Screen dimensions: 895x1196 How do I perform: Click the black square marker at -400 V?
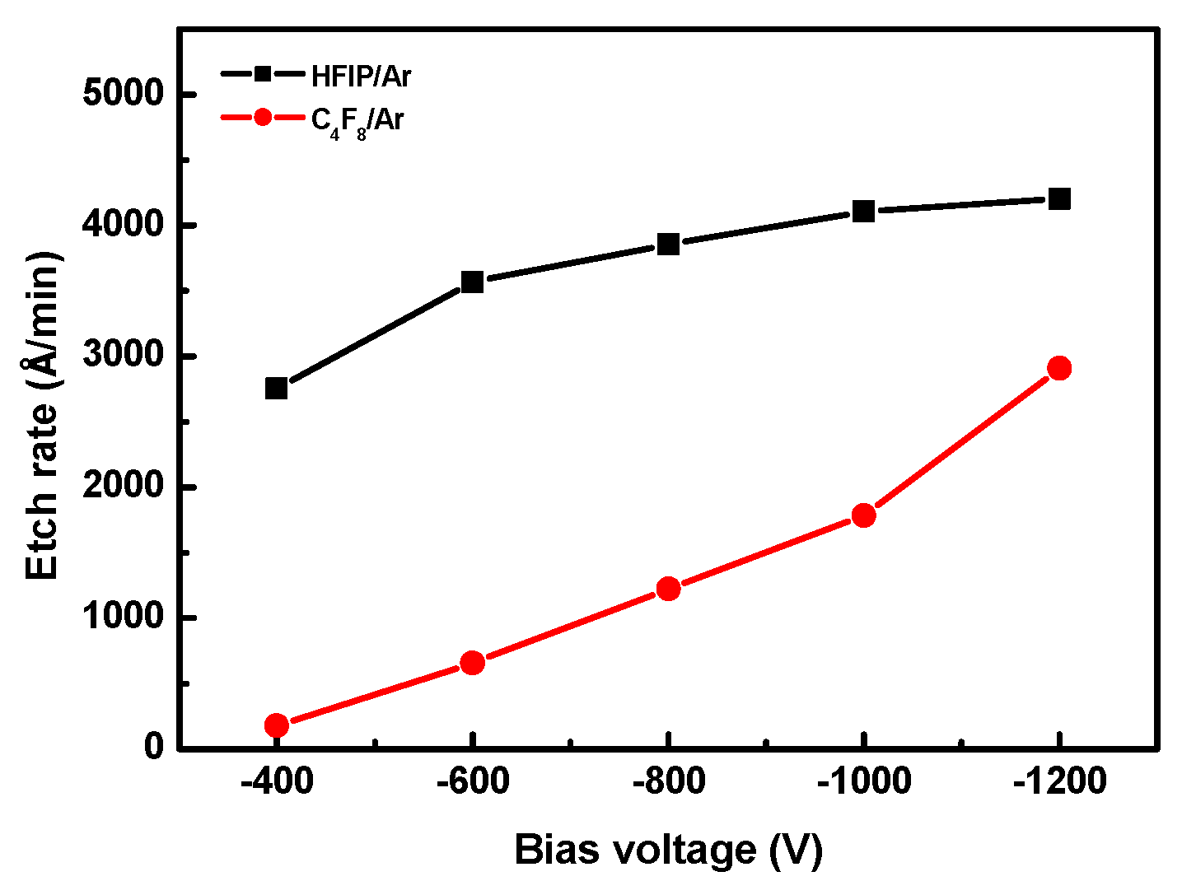[x=277, y=388]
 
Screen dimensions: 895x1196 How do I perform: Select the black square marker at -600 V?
[x=472, y=282]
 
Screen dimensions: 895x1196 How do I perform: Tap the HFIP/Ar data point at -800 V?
[x=668, y=245]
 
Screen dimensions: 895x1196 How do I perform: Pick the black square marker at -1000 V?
[x=863, y=212]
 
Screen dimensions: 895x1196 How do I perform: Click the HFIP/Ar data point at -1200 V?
[x=1059, y=198]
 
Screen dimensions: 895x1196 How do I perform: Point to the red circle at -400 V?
[x=277, y=725]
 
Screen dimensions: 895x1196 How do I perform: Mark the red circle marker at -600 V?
[x=472, y=663]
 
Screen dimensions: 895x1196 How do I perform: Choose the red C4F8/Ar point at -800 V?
[x=668, y=589]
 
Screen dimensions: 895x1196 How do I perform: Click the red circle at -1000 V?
[x=863, y=515]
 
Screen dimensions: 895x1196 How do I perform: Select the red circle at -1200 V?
[x=1059, y=368]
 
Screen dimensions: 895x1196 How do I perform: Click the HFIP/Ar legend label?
[x=361, y=77]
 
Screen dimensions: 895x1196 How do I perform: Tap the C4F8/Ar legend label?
[x=357, y=121]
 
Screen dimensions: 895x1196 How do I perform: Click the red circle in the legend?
[x=262, y=118]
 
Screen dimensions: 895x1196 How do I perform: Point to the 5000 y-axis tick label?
[x=124, y=94]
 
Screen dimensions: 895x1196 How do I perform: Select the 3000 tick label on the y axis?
[x=124, y=356]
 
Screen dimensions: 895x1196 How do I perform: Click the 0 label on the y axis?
[x=154, y=747]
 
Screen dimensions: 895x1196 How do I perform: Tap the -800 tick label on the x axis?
[x=668, y=781]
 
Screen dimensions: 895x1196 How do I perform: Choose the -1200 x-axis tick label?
[x=1059, y=781]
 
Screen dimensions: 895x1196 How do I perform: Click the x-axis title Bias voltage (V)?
[x=668, y=850]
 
